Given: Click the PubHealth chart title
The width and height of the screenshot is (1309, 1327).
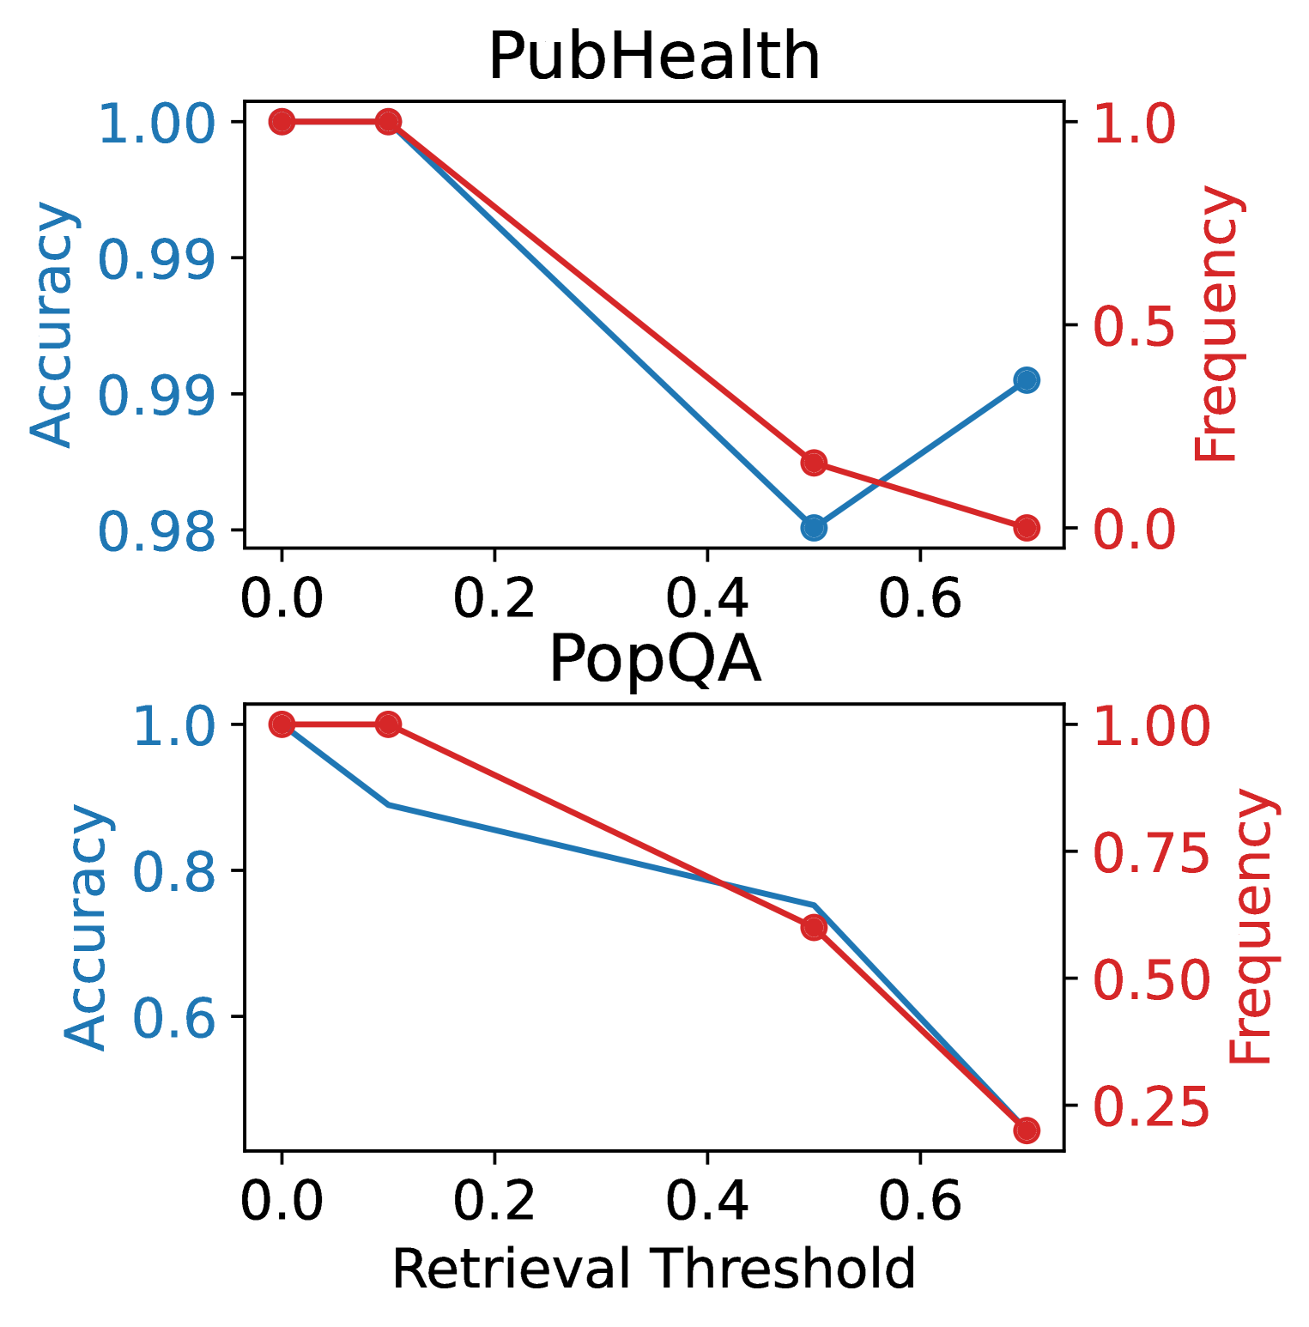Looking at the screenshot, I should (x=654, y=57).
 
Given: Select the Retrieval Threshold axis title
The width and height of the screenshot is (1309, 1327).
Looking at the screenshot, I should (x=654, y=1269).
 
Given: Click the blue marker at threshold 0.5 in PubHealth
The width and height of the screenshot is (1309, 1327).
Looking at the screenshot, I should (x=814, y=528).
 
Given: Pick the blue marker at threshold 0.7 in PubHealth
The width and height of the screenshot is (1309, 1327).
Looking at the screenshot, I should (x=1027, y=379).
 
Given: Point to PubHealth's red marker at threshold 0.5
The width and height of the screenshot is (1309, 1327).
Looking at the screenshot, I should (x=814, y=463).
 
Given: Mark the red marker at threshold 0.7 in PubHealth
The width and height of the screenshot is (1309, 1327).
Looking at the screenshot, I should (x=1027, y=528).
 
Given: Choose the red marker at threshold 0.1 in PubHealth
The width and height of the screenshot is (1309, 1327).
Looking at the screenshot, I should (x=388, y=122).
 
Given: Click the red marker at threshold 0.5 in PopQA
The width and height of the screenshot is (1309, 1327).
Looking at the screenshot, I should (x=814, y=928).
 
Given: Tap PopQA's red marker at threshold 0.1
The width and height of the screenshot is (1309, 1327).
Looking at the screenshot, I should (x=388, y=724).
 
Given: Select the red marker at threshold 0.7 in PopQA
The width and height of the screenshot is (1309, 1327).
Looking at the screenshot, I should (x=1027, y=1130).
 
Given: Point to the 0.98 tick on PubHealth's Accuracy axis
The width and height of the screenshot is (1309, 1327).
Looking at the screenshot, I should (x=157, y=531).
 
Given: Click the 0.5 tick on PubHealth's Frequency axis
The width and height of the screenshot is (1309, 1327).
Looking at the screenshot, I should (x=1134, y=326).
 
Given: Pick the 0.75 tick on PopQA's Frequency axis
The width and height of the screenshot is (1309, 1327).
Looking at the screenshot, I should (x=1151, y=852).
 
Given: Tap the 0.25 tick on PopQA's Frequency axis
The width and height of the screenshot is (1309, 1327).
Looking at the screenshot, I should (x=1151, y=1107).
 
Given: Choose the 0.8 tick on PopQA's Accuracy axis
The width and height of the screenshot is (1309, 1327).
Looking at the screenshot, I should (x=174, y=872).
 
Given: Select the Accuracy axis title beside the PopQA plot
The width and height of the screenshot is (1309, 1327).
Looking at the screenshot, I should (x=86, y=927).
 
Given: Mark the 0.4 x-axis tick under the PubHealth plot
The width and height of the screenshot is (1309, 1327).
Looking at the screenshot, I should (x=707, y=598).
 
